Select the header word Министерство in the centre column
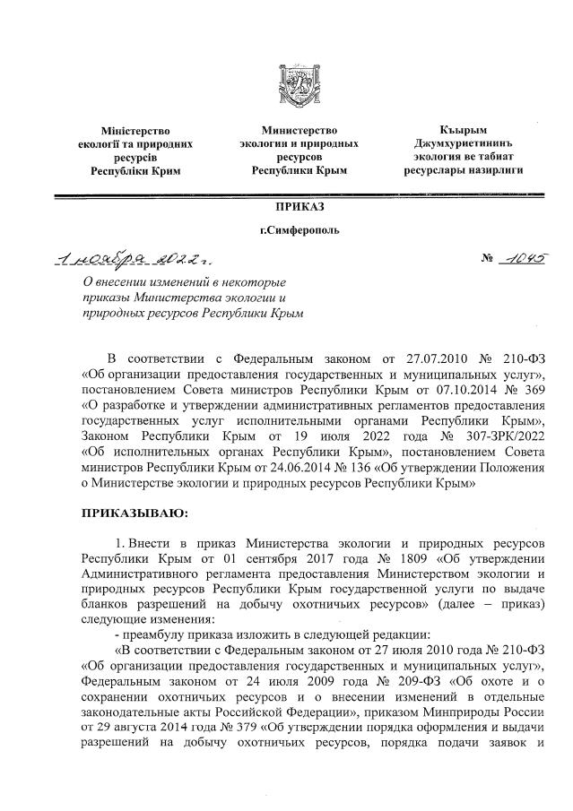point(299,131)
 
